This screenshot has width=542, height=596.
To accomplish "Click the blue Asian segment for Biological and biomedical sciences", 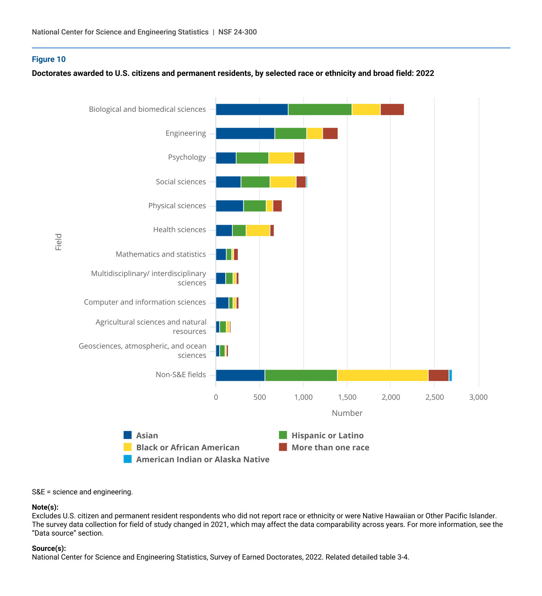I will point(252,109).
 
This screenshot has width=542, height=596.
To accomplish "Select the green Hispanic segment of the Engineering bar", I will point(290,133).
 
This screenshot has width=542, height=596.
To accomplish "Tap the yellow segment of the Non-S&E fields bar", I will point(382,375).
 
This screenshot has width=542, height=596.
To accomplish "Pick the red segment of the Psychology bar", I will point(299,158).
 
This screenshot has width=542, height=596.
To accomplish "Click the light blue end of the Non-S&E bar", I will point(450,375).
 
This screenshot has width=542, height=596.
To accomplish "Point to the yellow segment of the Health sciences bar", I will point(258,230).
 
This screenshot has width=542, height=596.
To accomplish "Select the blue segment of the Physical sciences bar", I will point(229,206).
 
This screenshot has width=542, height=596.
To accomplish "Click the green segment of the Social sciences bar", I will point(255,182).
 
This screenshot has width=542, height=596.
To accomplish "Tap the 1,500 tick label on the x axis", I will point(347,397).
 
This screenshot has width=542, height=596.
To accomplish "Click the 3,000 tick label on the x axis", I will point(478,397).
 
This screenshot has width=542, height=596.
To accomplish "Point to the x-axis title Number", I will point(347,413).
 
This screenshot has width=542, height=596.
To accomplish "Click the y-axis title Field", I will point(58,242).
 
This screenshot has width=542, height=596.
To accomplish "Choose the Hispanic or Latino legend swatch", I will point(283,435).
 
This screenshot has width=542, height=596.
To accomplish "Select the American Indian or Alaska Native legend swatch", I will point(128,459).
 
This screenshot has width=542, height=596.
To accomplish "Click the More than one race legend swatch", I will point(283,447).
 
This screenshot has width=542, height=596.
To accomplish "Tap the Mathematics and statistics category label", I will point(161,254).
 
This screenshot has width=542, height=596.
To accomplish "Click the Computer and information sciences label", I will point(145,302).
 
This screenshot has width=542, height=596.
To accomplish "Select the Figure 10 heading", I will point(49,59).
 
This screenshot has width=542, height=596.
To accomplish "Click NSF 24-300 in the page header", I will point(237,32).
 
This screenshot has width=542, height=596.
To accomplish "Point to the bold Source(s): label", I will point(49,548).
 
